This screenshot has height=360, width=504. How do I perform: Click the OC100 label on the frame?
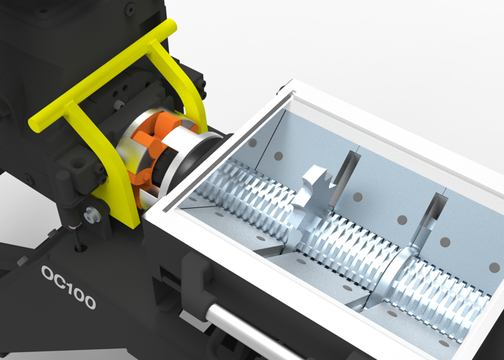point(68,287)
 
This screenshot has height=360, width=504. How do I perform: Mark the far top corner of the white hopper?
point(295,84)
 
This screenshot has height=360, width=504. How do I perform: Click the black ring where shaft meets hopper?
point(209,156)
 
